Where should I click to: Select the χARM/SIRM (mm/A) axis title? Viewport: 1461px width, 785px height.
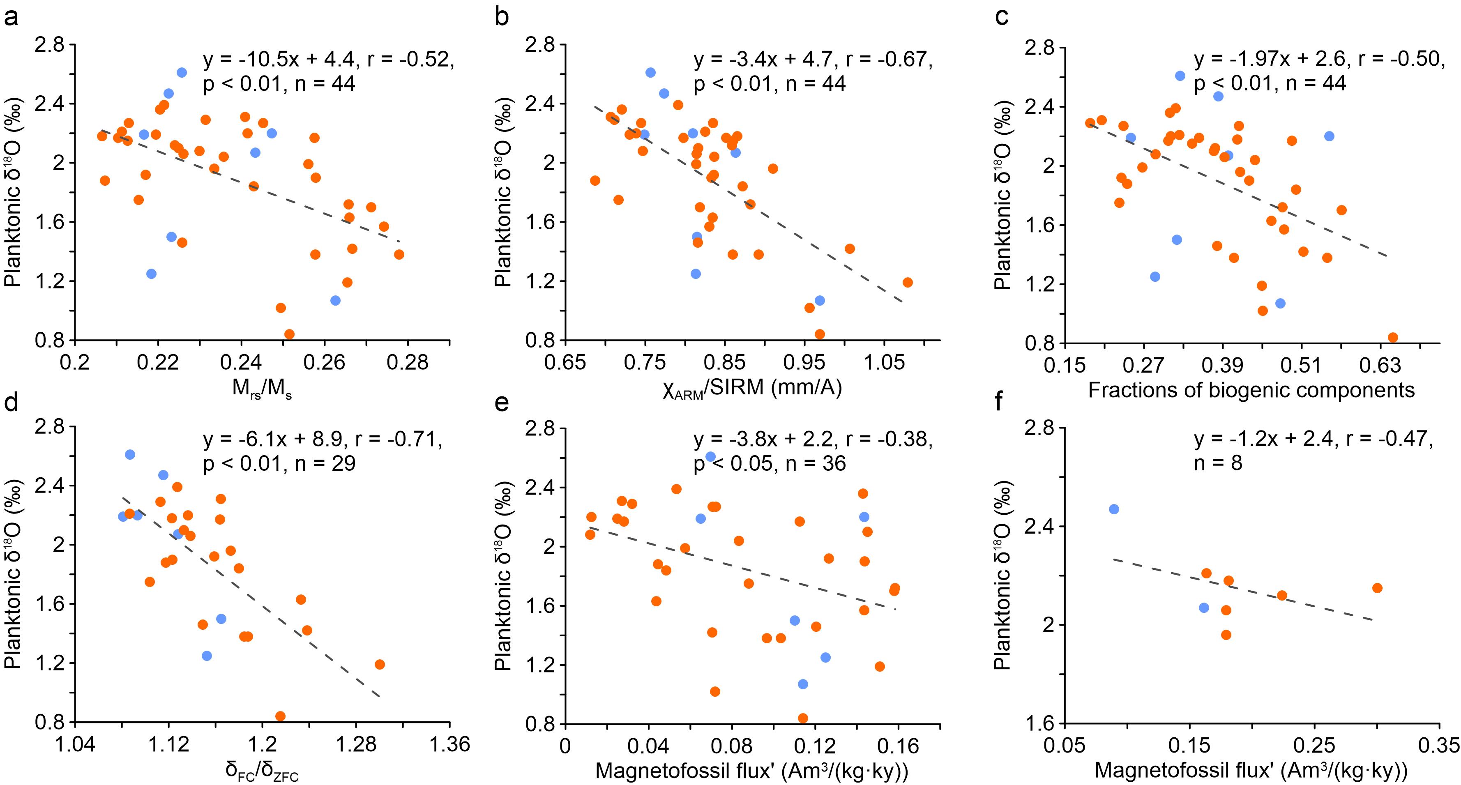click(752, 388)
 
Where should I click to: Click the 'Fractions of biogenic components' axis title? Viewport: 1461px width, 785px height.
click(1251, 390)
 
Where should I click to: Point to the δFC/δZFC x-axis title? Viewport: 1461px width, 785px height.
click(261, 771)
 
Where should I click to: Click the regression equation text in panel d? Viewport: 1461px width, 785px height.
click(322, 440)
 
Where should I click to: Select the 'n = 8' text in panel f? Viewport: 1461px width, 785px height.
click(1218, 463)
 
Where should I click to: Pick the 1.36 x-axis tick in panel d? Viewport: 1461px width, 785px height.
click(450, 744)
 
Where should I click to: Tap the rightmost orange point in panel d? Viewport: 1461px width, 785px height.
click(380, 664)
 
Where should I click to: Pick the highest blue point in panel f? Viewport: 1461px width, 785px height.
click(1114, 509)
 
